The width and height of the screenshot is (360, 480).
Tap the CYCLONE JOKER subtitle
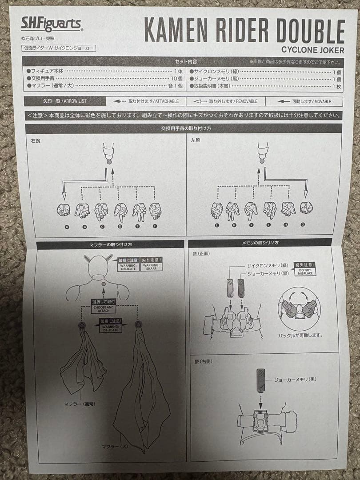312,50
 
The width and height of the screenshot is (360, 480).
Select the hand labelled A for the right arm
64,209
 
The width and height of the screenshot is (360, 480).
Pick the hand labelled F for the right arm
155,211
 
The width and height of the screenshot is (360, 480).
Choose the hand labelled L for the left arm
216,210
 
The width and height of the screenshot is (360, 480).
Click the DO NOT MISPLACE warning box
305,271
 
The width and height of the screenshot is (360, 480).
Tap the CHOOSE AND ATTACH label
104,308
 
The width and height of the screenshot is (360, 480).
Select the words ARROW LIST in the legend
78,101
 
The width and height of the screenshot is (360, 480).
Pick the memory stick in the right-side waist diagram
262,381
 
